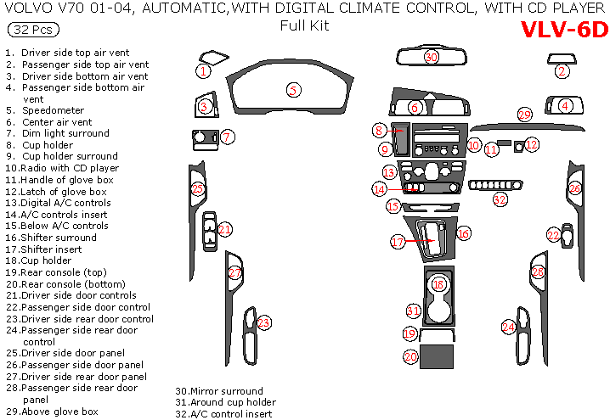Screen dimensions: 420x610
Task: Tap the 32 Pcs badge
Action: pyautogui.click(x=33, y=30)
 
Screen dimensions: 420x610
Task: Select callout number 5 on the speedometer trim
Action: pyautogui.click(x=292, y=89)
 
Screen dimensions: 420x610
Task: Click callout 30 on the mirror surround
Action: pyautogui.click(x=432, y=57)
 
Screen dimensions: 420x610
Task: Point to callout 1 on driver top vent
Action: pyautogui.click(x=204, y=71)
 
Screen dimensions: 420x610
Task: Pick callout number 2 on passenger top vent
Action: pyautogui.click(x=562, y=72)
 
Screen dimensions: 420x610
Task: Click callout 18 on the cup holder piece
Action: pyautogui.click(x=438, y=285)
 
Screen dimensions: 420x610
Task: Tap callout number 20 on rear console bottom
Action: pyautogui.click(x=410, y=358)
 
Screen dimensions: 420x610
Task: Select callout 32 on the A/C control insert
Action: pyautogui.click(x=500, y=199)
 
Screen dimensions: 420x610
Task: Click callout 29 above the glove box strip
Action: pyautogui.click(x=525, y=114)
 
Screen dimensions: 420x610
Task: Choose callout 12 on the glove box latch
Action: pyautogui.click(x=531, y=145)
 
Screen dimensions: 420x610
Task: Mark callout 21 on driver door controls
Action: pyautogui.click(x=225, y=229)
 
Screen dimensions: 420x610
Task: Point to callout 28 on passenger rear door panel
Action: pyautogui.click(x=537, y=272)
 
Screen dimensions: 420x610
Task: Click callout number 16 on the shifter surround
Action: pyautogui.click(x=463, y=232)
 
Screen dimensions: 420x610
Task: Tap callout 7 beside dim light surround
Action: pyautogui.click(x=228, y=136)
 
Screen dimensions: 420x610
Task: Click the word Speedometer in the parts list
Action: pyautogui.click(x=54, y=110)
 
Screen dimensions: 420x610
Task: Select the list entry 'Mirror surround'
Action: pyautogui.click(x=223, y=391)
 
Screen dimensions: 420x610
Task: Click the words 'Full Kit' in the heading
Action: pyautogui.click(x=304, y=25)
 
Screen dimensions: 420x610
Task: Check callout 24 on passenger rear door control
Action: pyautogui.click(x=508, y=327)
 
